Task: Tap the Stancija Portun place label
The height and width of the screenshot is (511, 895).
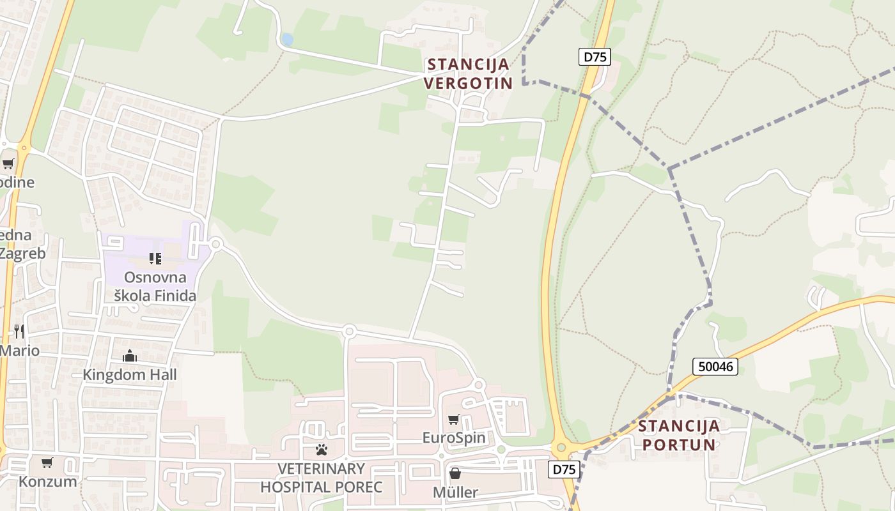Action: point(679,435)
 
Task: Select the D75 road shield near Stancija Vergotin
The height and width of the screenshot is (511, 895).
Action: point(595,57)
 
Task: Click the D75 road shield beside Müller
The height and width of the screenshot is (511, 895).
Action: point(564,469)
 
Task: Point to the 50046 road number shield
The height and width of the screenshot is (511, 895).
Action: point(715,366)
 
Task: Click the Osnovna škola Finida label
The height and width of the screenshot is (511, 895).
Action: point(155,286)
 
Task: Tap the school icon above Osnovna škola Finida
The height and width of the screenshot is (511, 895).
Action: point(155,258)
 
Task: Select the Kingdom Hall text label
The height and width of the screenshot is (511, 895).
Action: point(130,374)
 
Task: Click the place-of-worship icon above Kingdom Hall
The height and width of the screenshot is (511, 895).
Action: point(130,356)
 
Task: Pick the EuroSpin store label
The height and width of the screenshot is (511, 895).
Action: point(454,438)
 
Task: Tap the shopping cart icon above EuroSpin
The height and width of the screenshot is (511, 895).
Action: point(454,419)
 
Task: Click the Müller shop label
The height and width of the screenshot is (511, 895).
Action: point(455,492)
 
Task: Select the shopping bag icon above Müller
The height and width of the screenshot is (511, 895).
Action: point(455,473)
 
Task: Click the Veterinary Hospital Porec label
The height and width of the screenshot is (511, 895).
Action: point(321,478)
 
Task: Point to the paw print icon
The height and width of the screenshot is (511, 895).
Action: point(321,450)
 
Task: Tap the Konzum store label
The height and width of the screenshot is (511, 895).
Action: point(47,482)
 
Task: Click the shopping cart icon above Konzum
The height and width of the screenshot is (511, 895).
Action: point(47,462)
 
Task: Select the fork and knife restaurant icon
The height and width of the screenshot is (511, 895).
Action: point(19,331)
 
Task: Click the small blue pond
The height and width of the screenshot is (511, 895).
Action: point(287,40)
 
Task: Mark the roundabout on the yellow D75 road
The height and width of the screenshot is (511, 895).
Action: point(561,448)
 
